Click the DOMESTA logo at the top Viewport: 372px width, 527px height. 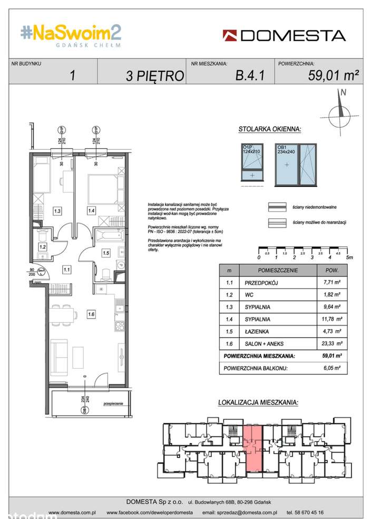(284, 35)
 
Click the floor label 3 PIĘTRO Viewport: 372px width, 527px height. (154, 75)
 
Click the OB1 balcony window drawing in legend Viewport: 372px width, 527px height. (295, 164)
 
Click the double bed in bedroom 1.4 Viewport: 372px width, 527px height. (104, 188)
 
